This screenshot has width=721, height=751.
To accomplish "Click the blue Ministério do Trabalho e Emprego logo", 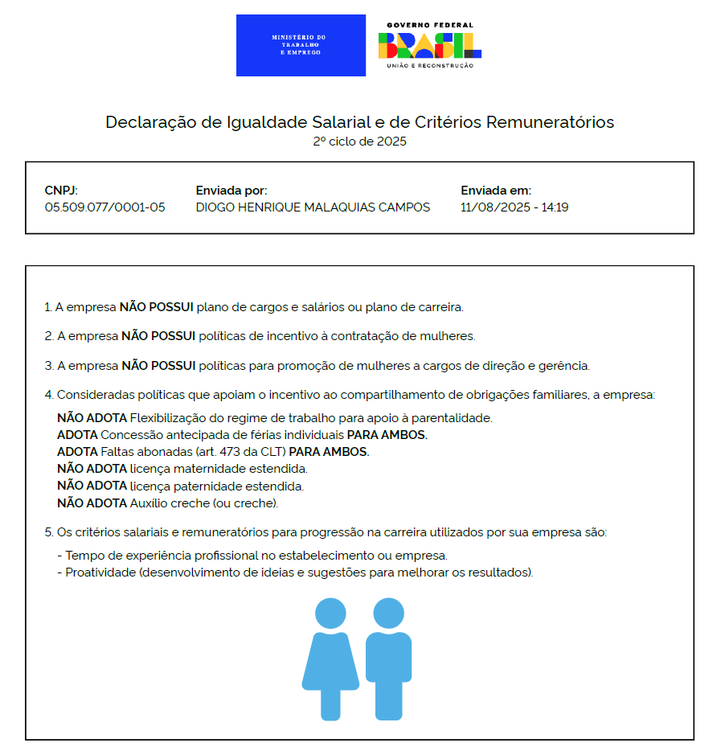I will pyautogui.click(x=301, y=45).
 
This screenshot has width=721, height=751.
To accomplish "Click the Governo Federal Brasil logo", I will pyautogui.click(x=429, y=45).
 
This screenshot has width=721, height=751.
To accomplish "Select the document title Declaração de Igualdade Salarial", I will pyautogui.click(x=359, y=122).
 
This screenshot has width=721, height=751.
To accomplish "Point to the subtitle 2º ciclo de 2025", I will pyautogui.click(x=359, y=142).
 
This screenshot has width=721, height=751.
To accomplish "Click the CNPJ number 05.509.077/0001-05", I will pyautogui.click(x=104, y=207).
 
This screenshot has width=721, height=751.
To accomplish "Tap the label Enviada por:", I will pyautogui.click(x=231, y=191).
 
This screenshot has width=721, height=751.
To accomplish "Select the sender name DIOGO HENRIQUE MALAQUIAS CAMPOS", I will pyautogui.click(x=313, y=207).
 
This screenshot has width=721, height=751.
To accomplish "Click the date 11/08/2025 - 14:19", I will pyautogui.click(x=514, y=207).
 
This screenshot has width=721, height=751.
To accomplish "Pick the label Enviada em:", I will pyautogui.click(x=496, y=191).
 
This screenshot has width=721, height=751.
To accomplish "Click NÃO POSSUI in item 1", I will pyautogui.click(x=157, y=307).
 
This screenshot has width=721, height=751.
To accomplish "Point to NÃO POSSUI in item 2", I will pyautogui.click(x=158, y=336).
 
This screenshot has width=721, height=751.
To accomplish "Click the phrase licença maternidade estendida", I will pyautogui.click(x=219, y=469).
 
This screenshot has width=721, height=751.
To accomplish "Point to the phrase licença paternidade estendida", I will pyautogui.click(x=217, y=486).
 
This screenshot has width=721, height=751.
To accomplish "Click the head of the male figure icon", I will pyautogui.click(x=388, y=614).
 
